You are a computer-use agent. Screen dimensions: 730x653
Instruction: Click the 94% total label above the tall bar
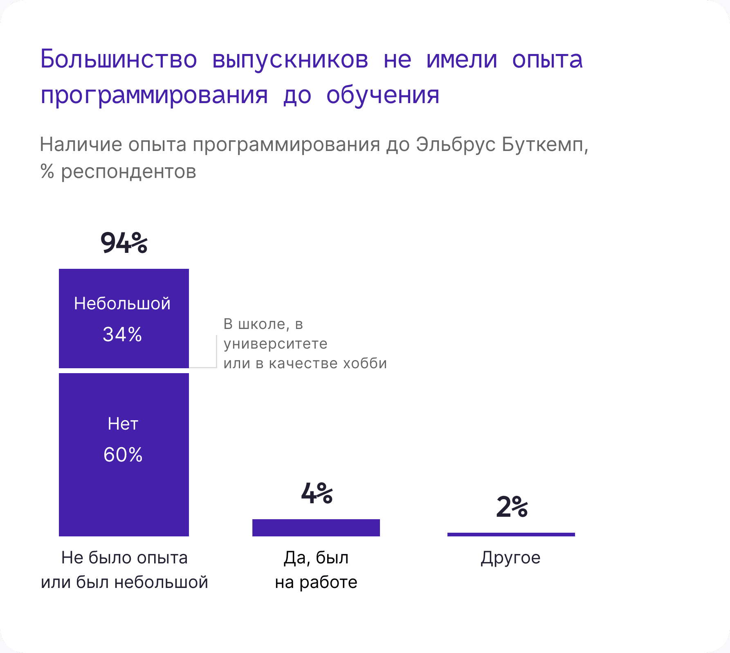point(124,243)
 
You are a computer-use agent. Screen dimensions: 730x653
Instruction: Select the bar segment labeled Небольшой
point(124,318)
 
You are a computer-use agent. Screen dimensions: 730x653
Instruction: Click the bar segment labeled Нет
point(124,455)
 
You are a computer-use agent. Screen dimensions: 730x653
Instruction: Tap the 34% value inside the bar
point(122,335)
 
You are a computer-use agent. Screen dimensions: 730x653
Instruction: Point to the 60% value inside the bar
point(123,455)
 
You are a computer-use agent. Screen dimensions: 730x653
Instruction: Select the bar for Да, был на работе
point(316,528)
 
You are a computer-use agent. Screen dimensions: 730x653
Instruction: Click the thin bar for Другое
point(511,534)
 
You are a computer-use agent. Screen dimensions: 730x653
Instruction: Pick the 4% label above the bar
point(317,493)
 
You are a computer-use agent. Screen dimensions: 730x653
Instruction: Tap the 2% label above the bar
point(512,507)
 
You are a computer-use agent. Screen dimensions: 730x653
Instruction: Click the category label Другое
point(510,558)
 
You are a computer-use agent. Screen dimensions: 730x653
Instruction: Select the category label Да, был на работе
point(316,570)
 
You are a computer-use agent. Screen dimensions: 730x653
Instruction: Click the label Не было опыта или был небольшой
point(124,570)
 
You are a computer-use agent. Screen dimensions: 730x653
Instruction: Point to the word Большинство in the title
point(119,59)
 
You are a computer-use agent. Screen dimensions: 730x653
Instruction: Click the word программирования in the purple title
point(154,95)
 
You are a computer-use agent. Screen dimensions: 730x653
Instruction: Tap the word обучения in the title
point(383,95)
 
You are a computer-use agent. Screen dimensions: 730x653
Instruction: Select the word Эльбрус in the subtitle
point(456,144)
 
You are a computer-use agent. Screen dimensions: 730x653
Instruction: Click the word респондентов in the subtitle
point(128,172)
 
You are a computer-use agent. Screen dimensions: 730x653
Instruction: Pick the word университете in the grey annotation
point(276,344)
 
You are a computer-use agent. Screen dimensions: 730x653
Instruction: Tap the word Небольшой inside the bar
point(122,304)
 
